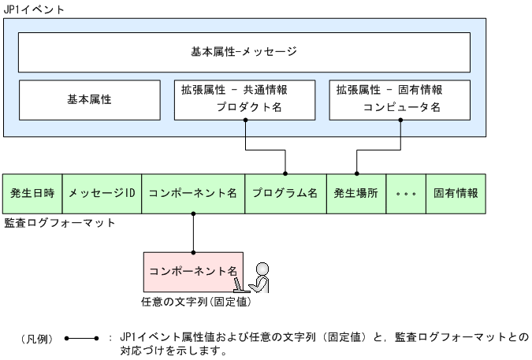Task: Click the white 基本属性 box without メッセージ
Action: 88,100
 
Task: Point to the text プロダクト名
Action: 249,108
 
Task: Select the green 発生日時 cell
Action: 32,193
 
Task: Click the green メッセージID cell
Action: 102,193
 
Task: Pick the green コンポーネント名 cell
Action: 193,193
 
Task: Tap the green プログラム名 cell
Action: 285,193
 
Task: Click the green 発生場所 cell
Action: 356,193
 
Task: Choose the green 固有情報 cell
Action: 456,193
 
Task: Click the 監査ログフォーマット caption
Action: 60,223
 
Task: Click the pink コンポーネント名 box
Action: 192,270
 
